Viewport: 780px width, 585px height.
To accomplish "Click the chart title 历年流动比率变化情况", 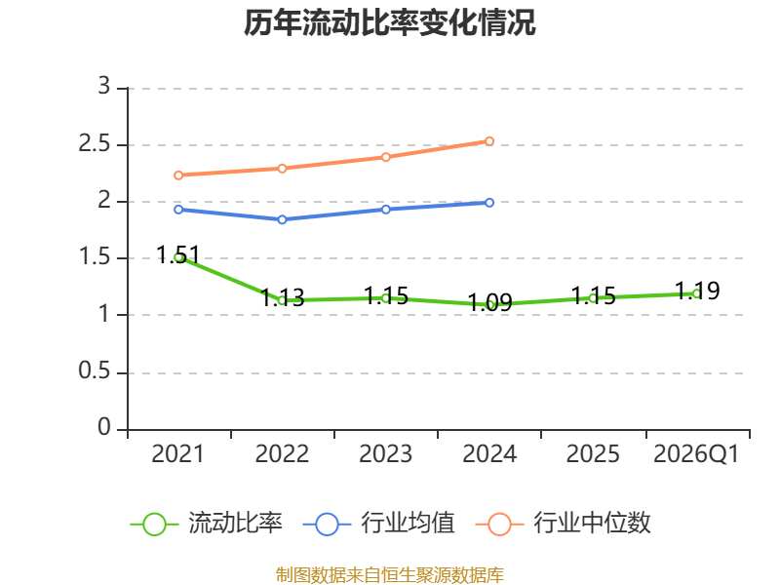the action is [x=389, y=22].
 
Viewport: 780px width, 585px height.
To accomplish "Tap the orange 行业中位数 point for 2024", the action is [x=489, y=141].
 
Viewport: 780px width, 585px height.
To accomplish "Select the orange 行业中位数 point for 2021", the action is [x=178, y=175].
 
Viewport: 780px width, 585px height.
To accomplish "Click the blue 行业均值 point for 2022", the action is [x=282, y=219].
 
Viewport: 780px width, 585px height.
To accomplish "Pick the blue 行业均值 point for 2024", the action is [x=489, y=203].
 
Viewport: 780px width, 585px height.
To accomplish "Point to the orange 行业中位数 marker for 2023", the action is [x=385, y=157].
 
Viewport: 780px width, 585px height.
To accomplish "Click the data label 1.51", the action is [x=178, y=254].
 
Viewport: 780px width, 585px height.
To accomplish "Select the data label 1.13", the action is [x=282, y=297].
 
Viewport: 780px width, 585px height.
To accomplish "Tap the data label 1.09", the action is [x=490, y=302].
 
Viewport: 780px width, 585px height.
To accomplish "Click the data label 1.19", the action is [x=697, y=291].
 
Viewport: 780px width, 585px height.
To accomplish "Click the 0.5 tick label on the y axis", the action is [x=94, y=371].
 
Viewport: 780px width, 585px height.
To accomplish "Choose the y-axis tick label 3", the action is [x=104, y=86].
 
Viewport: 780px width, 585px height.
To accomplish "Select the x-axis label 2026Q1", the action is [x=696, y=453].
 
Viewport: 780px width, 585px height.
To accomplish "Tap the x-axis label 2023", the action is [x=385, y=453].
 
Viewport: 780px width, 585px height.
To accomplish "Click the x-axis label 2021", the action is [x=177, y=453].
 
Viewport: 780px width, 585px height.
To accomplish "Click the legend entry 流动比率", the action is [x=206, y=524].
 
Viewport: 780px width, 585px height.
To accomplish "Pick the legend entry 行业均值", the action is [x=378, y=524].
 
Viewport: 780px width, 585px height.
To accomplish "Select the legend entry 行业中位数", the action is [x=564, y=524].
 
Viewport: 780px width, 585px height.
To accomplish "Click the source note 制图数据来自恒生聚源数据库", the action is [x=389, y=575].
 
